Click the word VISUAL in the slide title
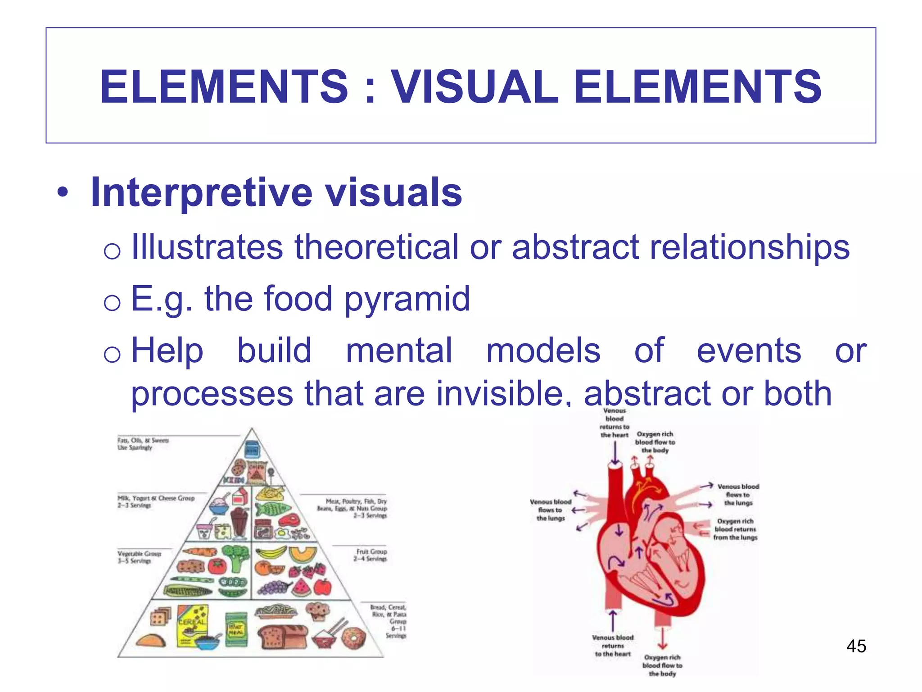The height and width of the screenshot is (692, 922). coord(475,86)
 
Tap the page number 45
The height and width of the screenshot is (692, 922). coord(856,646)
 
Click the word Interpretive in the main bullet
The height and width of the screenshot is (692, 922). coord(201,192)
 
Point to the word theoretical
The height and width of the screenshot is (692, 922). coord(376,247)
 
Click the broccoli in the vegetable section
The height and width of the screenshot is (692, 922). coord(235,557)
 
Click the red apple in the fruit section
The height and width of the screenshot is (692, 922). coord(322,587)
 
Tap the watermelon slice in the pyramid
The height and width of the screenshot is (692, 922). coord(301,587)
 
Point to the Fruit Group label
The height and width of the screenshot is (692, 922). coord(371,555)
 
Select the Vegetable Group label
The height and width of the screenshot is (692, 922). coord(139,557)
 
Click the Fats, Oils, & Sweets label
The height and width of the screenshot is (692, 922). coord(143,444)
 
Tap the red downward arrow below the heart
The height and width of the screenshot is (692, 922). coord(662,637)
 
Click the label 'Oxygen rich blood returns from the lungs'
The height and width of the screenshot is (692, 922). coord(735,529)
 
